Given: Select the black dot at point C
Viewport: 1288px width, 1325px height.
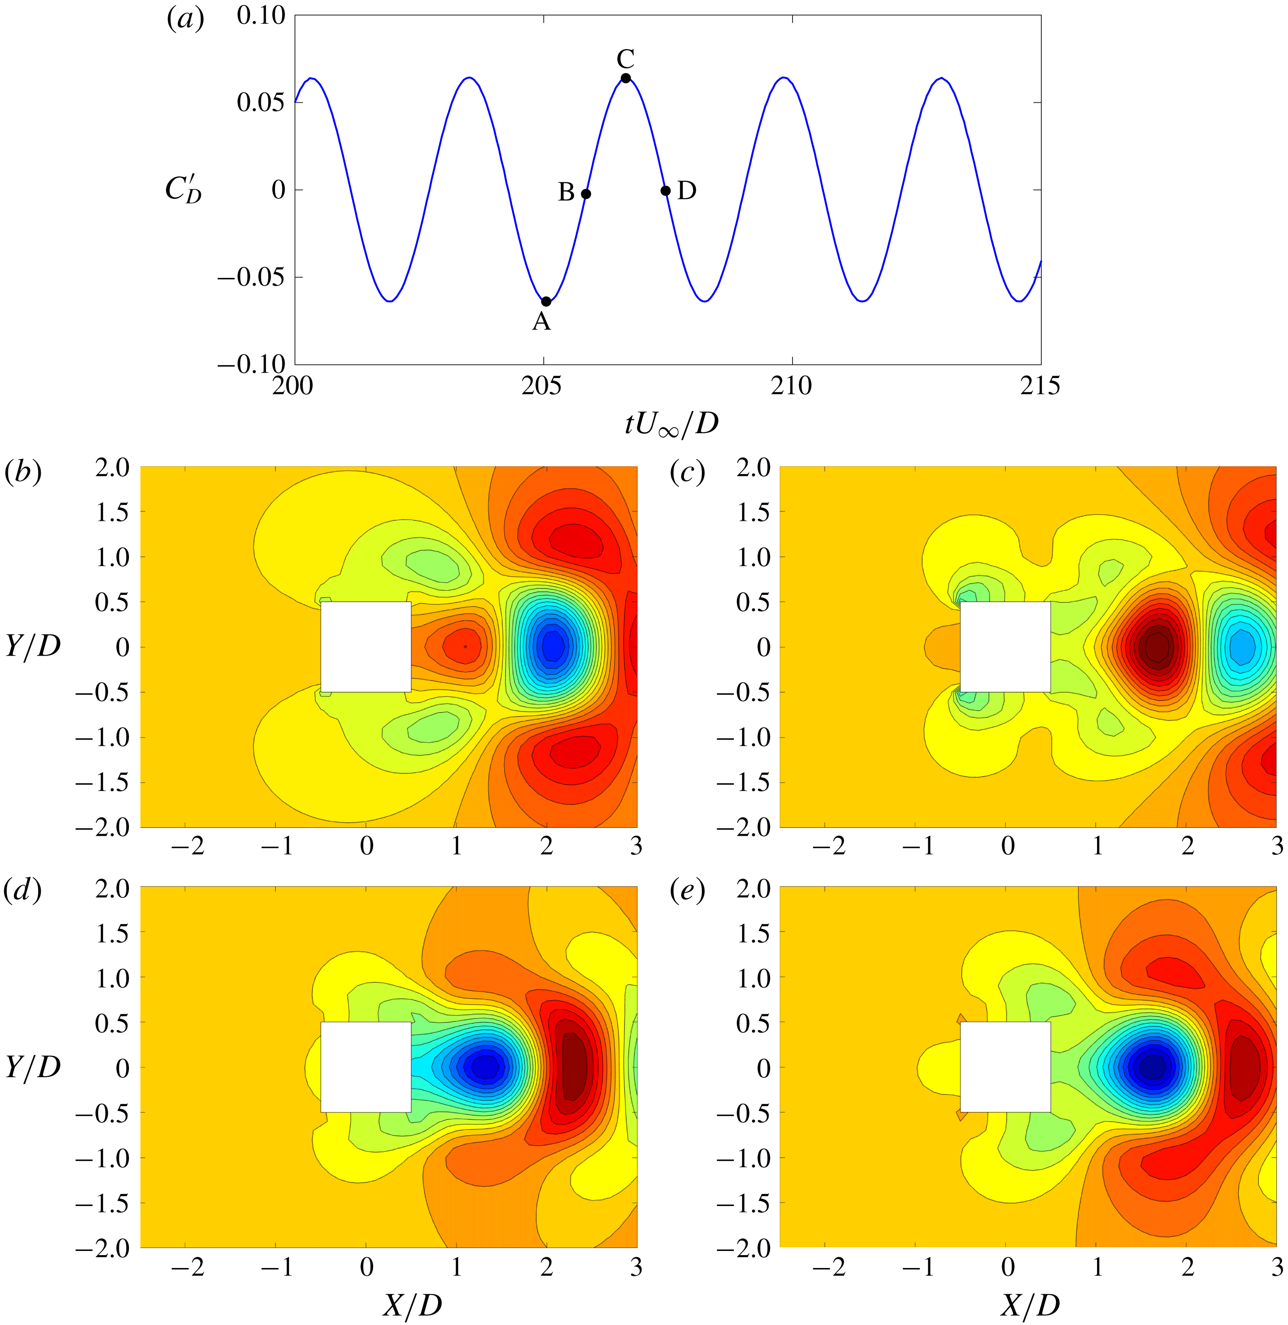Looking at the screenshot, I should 626,79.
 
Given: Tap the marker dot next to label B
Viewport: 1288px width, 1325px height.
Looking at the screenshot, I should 586,194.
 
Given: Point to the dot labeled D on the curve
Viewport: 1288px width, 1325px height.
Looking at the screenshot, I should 666,191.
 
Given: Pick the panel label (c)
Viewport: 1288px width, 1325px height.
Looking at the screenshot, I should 687,472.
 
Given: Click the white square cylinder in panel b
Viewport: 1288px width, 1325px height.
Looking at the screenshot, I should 365,646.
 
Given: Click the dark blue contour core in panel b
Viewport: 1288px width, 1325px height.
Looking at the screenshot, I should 552,644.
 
